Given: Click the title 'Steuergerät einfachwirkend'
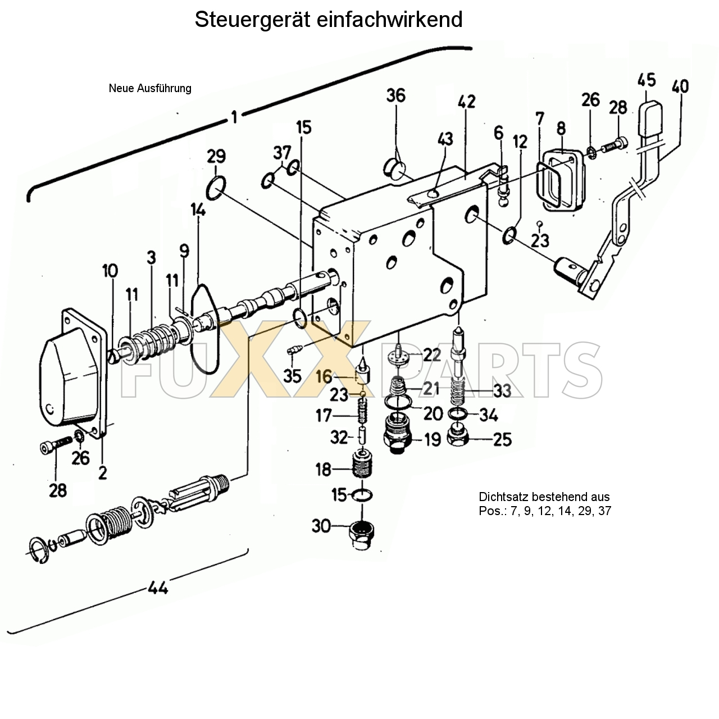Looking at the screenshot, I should pyautogui.click(x=329, y=20).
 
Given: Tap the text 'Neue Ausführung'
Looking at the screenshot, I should pyautogui.click(x=150, y=88).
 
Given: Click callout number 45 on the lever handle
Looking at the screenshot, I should pyautogui.click(x=647, y=80).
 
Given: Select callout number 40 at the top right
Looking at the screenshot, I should pyautogui.click(x=680, y=87).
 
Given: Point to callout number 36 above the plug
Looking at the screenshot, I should pyautogui.click(x=395, y=95).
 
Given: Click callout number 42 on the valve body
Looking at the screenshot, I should pyautogui.click(x=466, y=102).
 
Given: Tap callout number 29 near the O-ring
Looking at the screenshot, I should pyautogui.click(x=216, y=156).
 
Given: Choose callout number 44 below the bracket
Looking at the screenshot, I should pyautogui.click(x=158, y=588).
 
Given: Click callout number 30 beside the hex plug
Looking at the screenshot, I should pyautogui.click(x=321, y=526).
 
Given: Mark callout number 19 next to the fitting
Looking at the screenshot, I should pyautogui.click(x=432, y=439).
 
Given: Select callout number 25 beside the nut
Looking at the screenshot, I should pyautogui.click(x=502, y=439).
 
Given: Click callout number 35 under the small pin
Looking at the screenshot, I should pyautogui.click(x=292, y=376).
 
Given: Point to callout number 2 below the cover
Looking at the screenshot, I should pyautogui.click(x=102, y=473).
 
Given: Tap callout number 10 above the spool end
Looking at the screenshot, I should pyautogui.click(x=110, y=271).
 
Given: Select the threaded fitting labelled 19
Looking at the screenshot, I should pyautogui.click(x=398, y=433).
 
